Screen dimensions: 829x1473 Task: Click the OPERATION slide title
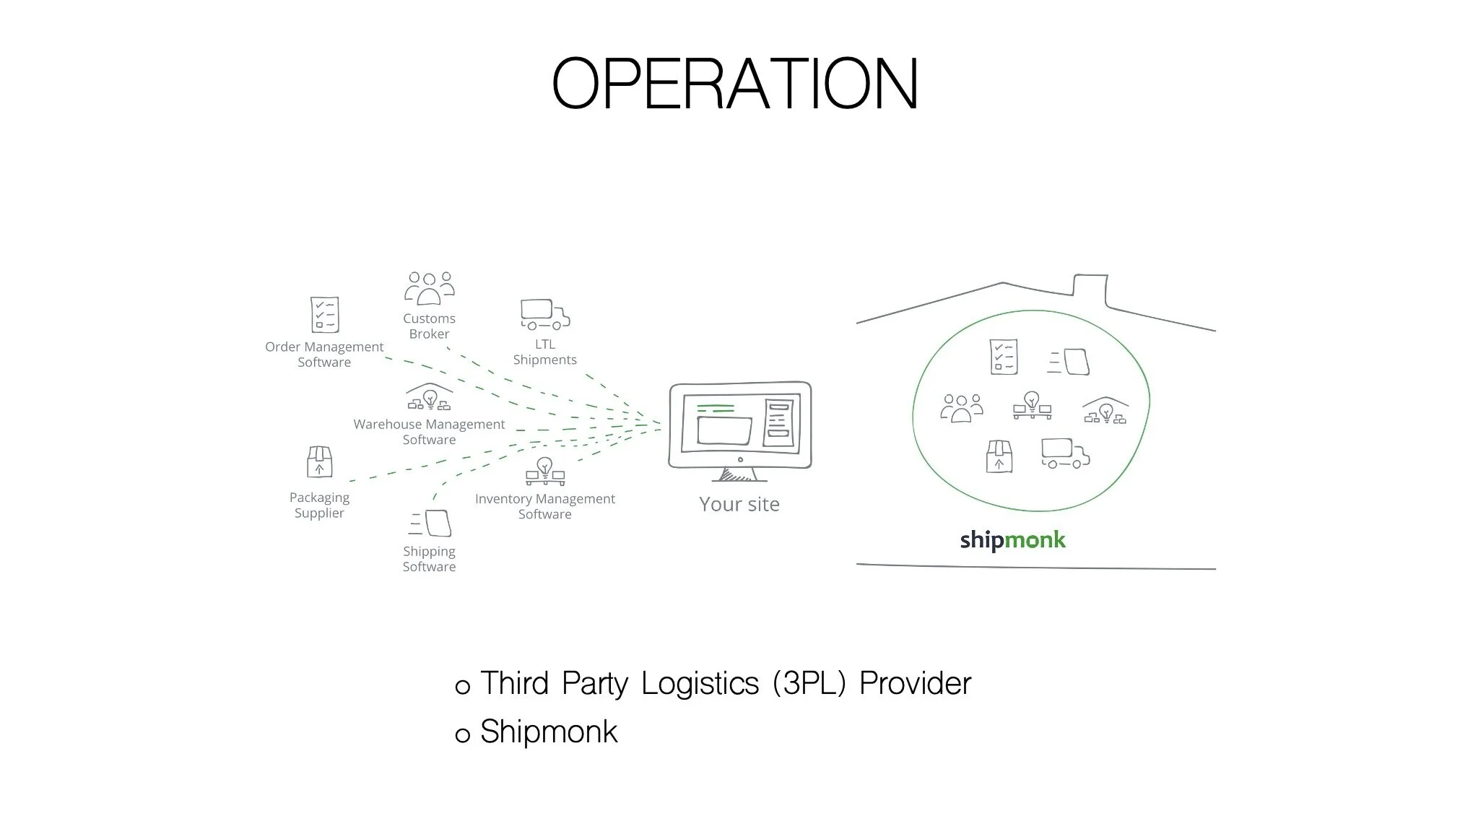point(735,84)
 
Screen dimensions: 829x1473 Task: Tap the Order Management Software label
point(324,355)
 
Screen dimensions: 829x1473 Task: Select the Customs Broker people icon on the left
point(430,288)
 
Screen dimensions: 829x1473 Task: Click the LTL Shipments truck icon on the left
point(545,314)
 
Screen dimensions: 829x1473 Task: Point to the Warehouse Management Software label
point(429,432)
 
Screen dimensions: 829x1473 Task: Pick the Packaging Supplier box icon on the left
point(319,462)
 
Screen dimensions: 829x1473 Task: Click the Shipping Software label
point(429,559)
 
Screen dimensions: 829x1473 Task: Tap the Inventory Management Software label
point(545,506)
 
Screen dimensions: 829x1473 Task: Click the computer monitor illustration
point(739,430)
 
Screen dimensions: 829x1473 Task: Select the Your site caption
point(739,504)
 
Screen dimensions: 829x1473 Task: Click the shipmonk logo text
point(1012,540)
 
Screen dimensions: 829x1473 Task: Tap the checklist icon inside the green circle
point(1003,357)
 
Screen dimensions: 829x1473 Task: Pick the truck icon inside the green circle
point(1065,453)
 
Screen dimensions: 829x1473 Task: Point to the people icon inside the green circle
point(961,408)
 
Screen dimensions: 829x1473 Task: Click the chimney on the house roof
point(1090,287)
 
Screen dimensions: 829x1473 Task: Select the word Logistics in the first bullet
point(700,683)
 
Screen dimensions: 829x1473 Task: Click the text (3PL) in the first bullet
point(809,683)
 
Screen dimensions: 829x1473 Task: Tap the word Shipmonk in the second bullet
point(549,732)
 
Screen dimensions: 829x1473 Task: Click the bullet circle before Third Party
point(463,687)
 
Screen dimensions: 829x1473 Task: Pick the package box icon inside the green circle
point(999,456)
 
